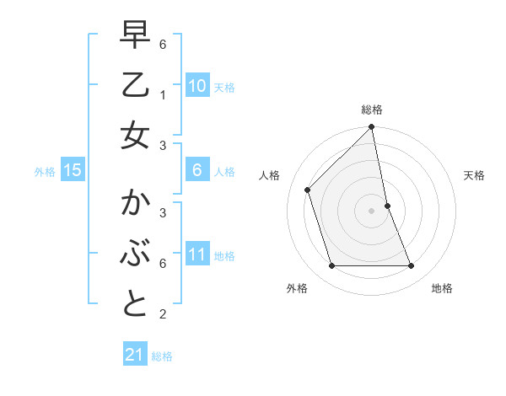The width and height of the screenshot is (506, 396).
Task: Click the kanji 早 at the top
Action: click(135, 36)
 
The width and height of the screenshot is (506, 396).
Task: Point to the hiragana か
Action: click(135, 204)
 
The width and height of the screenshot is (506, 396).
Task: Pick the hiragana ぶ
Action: click(135, 253)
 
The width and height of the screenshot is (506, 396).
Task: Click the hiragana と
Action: click(135, 303)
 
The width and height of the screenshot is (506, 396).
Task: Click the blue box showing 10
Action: click(196, 85)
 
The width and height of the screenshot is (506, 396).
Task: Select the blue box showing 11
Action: click(196, 254)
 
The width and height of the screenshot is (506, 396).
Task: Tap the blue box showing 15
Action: click(73, 170)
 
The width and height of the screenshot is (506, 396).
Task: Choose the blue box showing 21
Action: click(135, 355)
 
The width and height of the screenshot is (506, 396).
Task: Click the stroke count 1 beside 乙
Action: click(162, 95)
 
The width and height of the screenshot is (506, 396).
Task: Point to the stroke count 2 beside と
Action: click(162, 314)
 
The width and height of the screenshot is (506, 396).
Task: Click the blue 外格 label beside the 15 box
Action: click(45, 171)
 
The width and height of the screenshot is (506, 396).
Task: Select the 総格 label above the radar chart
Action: click(372, 110)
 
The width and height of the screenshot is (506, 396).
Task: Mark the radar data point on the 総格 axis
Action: click(372, 128)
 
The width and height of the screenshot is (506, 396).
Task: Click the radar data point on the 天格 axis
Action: click(388, 206)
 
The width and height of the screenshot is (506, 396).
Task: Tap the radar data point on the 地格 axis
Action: click(412, 266)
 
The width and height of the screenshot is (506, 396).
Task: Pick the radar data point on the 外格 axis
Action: click(332, 266)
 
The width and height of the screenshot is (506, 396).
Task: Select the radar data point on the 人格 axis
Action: click(308, 190)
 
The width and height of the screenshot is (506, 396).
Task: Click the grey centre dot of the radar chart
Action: click(372, 211)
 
